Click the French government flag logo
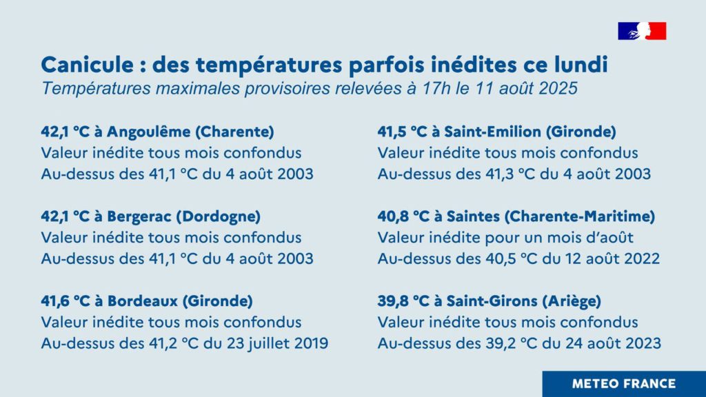tap(642, 31)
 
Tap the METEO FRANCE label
tap(623, 384)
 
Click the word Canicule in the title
tap(88, 64)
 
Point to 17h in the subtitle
tap(436, 88)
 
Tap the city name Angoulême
tap(149, 132)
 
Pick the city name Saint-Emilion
tap(492, 132)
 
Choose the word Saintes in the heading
tap(473, 216)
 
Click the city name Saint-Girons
tap(492, 301)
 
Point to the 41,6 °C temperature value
tap(65, 301)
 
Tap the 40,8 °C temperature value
tap(403, 216)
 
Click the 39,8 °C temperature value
tap(403, 301)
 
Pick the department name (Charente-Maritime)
tap(579, 216)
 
